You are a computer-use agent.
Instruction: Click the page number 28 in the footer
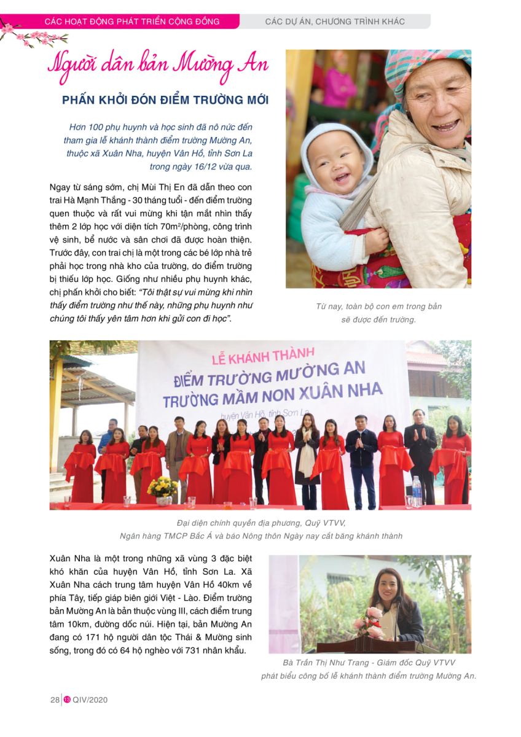(x=54, y=700)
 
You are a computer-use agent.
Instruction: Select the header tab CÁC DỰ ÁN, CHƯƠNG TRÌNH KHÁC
(x=335, y=21)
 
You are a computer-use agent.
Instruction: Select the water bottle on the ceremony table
(x=417, y=489)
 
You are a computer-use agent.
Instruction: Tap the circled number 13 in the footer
(x=67, y=700)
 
